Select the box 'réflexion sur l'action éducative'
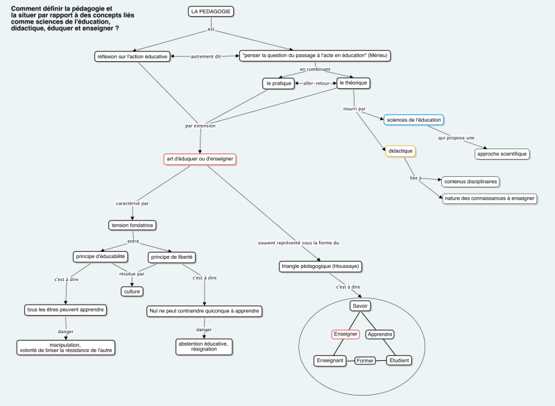click(x=132, y=56)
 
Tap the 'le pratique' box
click(x=278, y=83)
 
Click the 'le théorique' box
click(x=352, y=83)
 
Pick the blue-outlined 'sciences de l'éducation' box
click(x=413, y=120)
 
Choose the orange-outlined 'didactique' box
click(x=400, y=151)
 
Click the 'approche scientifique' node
click(x=502, y=153)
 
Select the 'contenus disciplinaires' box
click(x=471, y=181)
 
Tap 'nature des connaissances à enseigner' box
click(x=489, y=198)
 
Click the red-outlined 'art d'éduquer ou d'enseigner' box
click(x=200, y=159)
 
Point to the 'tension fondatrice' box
click(x=132, y=225)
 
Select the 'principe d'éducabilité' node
click(x=100, y=257)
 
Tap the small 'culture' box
click(x=132, y=291)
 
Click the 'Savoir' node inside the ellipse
click(x=360, y=306)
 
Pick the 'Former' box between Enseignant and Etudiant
click(x=366, y=361)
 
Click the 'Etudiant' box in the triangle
click(x=399, y=361)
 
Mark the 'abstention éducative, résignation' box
click(x=203, y=346)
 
